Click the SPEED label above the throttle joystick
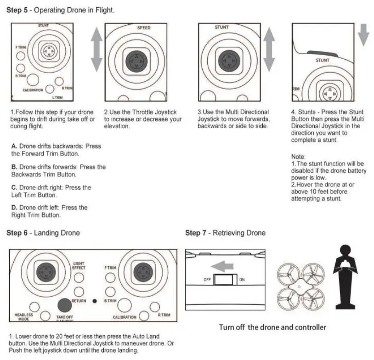[x=144, y=28]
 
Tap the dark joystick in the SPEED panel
[x=136, y=60]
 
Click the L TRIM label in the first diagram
[x=57, y=97]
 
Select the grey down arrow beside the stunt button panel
[x=363, y=36]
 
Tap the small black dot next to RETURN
[x=94, y=301]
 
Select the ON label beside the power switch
[x=242, y=280]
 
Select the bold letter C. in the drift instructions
[x=14, y=187]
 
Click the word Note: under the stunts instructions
[x=298, y=157]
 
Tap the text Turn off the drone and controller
[x=272, y=327]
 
